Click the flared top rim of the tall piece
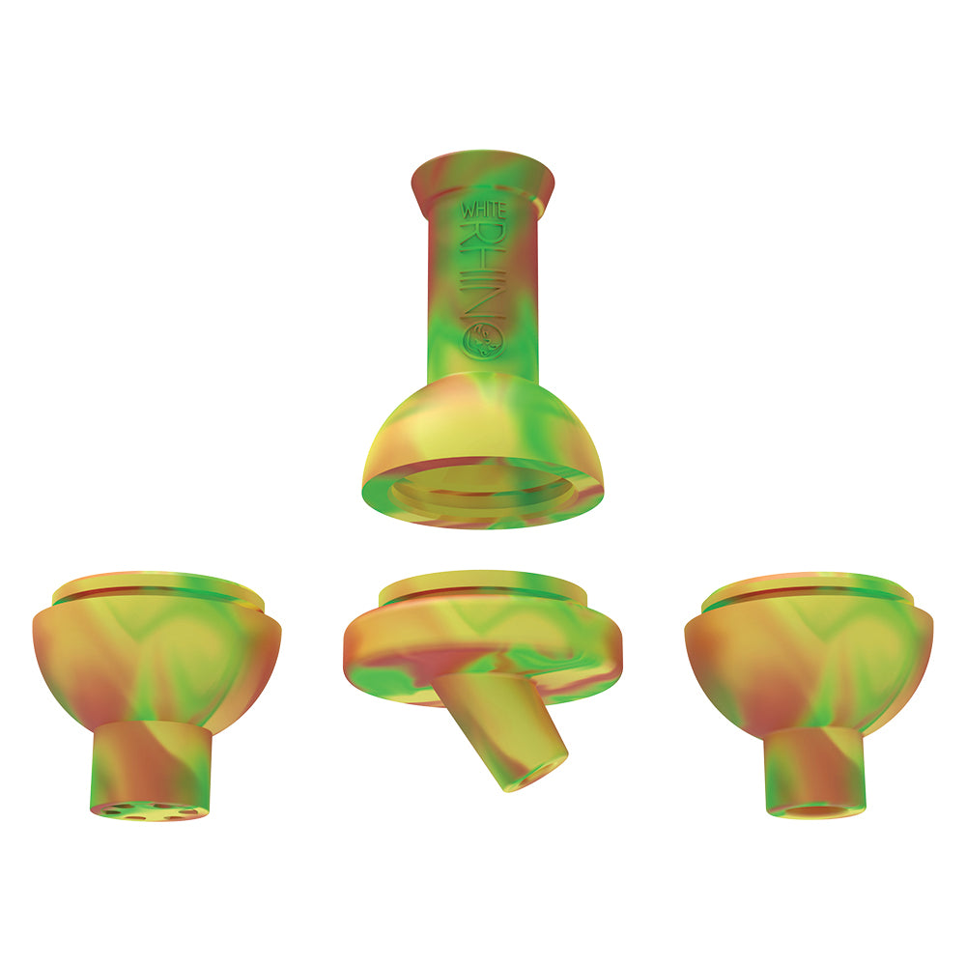coord(483,174)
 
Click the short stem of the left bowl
coord(152,763)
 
